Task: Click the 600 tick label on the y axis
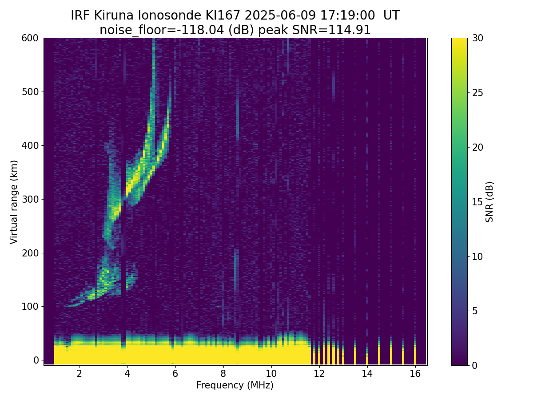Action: pos(30,38)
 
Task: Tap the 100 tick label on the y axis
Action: pos(30,306)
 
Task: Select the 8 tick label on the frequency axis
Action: pos(223,373)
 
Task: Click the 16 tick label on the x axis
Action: pos(415,373)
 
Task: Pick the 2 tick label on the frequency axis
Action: pos(79,373)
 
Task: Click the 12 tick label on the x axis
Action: pos(319,373)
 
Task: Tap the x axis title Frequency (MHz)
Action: pos(235,385)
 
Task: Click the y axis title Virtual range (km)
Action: pos(14,202)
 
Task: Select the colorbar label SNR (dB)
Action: pos(489,202)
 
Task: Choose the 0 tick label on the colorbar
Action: pos(474,365)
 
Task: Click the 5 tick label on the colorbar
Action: pos(474,311)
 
